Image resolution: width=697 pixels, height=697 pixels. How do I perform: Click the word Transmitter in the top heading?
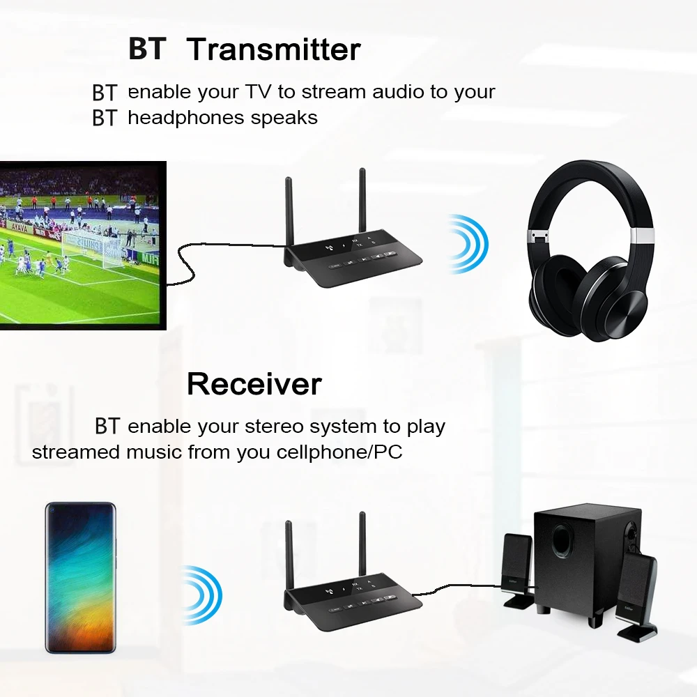coord(273,49)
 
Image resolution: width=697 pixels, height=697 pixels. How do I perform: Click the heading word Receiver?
coord(254,384)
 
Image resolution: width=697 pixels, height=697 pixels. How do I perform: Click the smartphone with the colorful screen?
coord(80,577)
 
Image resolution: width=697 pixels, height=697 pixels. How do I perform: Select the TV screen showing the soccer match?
coord(82,243)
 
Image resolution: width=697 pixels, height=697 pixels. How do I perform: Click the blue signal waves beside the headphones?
coord(468,243)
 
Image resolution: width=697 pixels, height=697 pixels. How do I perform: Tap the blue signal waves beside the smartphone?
coord(202,595)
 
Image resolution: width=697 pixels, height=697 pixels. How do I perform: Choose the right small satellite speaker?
coord(636,592)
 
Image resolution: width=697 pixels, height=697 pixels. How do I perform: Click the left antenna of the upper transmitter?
coord(289,213)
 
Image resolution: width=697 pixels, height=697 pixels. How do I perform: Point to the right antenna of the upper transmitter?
coord(362,202)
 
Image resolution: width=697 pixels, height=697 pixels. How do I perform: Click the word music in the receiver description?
coord(153,452)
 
